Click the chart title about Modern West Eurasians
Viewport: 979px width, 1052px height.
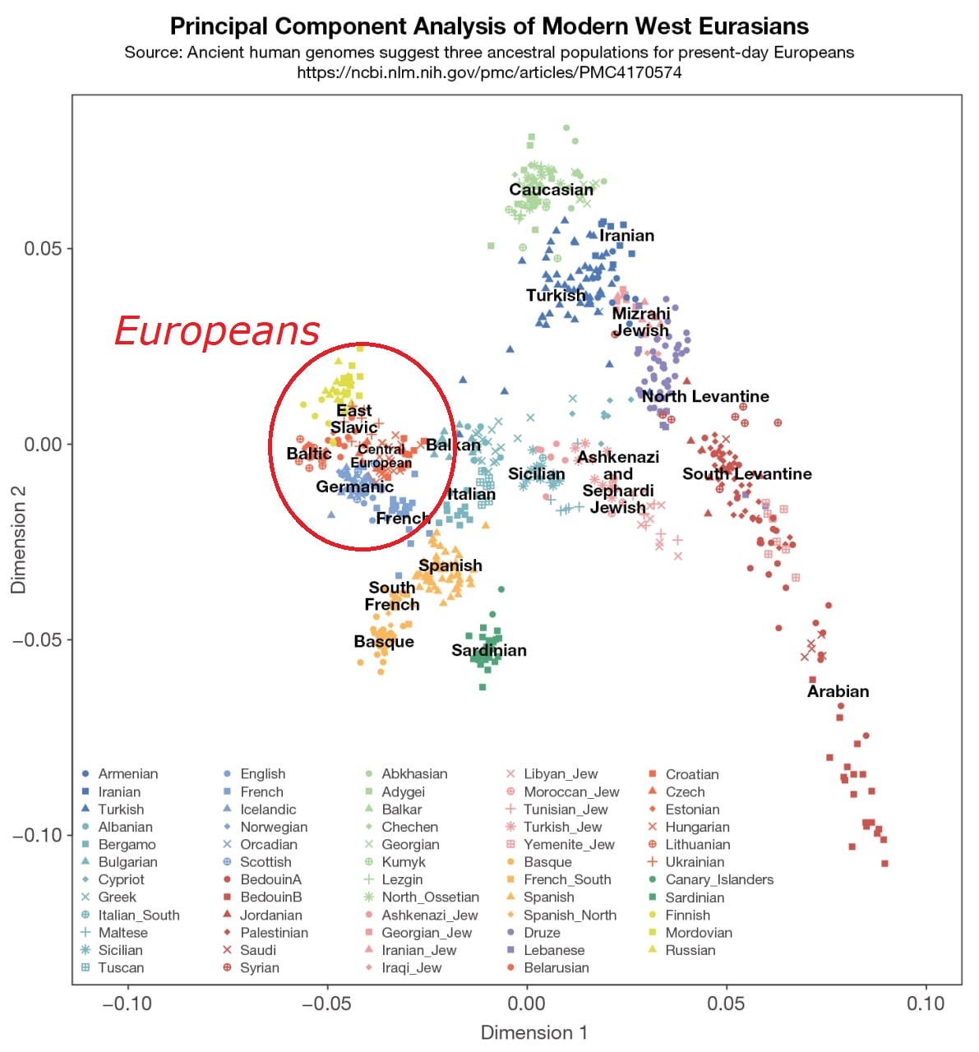point(489,26)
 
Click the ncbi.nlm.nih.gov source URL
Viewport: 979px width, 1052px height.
point(489,72)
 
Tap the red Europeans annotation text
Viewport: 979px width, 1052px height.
point(216,331)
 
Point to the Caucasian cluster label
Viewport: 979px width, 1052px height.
point(551,190)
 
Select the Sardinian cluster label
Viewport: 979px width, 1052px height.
point(489,651)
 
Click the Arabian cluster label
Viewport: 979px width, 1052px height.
point(838,691)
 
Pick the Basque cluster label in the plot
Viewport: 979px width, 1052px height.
point(384,642)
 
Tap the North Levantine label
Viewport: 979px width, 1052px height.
point(705,397)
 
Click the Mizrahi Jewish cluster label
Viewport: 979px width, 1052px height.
point(641,322)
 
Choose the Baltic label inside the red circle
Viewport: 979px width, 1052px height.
point(309,454)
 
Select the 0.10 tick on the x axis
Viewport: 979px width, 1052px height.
point(926,1004)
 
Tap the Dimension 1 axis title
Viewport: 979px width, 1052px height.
point(534,1033)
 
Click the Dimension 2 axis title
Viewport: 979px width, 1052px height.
point(18,540)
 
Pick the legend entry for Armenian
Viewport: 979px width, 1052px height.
point(127,774)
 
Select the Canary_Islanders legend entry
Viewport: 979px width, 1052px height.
point(719,879)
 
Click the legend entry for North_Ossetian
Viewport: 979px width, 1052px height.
point(430,897)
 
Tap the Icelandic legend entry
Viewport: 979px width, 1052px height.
point(268,810)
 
